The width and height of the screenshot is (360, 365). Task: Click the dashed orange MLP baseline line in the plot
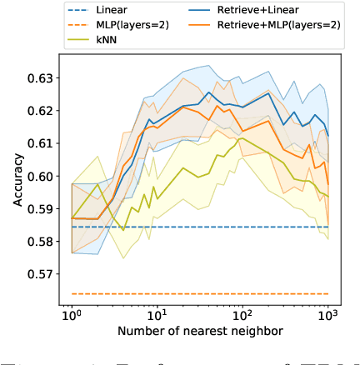pyautogui.click(x=200, y=293)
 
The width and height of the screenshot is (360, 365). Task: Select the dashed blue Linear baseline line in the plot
pyautogui.click(x=200, y=227)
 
